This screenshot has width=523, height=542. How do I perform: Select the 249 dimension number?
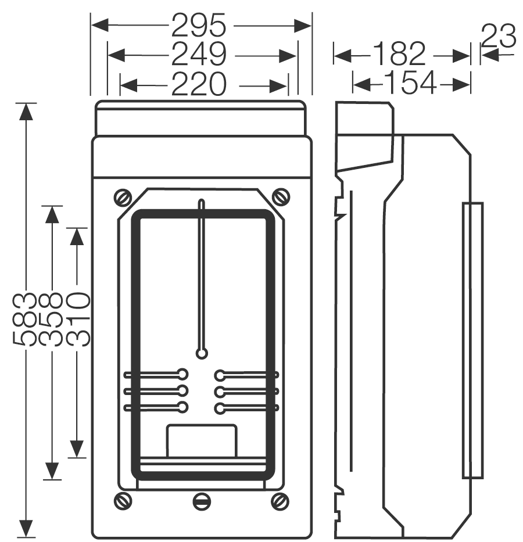click(x=199, y=54)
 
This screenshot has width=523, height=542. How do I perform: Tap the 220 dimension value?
click(x=199, y=84)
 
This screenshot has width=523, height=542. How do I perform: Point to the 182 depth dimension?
click(x=399, y=53)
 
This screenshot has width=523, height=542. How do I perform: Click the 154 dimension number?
click(x=410, y=82)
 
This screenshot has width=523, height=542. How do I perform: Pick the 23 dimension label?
click(x=499, y=36)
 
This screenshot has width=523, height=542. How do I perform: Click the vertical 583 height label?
click(x=24, y=319)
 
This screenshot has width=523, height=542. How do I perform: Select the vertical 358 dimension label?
click(x=51, y=319)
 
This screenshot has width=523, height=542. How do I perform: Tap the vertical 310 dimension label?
click(x=78, y=319)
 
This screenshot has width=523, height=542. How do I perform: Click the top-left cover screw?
click(x=123, y=198)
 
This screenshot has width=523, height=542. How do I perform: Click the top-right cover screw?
click(x=281, y=197)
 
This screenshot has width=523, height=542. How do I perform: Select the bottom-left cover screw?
click(x=123, y=501)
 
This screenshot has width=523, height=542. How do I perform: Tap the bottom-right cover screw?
click(x=280, y=501)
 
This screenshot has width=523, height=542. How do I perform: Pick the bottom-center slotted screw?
click(x=202, y=501)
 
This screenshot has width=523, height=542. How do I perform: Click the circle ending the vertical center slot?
click(x=202, y=354)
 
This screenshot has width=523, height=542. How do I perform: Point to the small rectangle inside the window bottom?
click(x=202, y=442)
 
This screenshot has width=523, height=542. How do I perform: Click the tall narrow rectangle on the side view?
click(x=472, y=340)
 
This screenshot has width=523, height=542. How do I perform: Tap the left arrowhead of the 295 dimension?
click(x=100, y=26)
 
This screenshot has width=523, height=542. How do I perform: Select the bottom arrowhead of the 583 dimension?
click(x=26, y=529)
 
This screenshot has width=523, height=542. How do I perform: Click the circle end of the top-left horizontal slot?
click(x=182, y=374)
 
